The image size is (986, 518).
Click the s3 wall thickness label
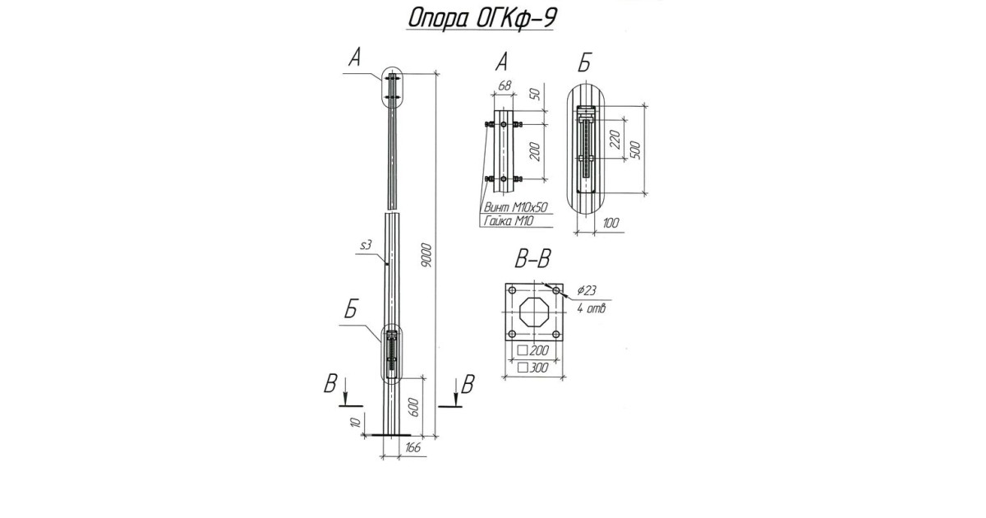(367, 246)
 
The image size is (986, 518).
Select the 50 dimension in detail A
(535, 94)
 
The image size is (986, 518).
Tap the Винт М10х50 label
(516, 208)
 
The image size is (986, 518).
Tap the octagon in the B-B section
(534, 314)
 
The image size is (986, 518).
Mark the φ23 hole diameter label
(587, 290)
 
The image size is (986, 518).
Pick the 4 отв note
(590, 308)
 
